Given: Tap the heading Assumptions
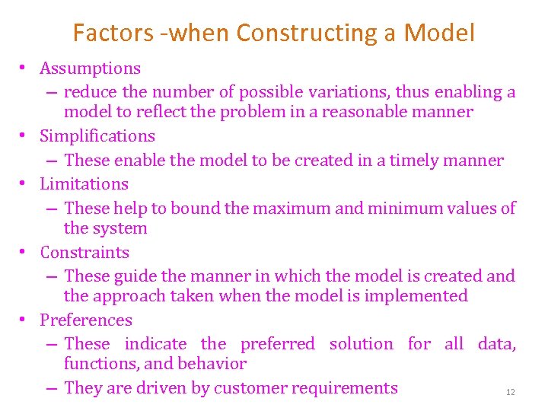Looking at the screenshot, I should pyautogui.click(x=90, y=68).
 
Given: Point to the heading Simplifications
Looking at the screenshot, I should pyautogui.click(x=97, y=136).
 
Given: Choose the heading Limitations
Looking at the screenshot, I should pyautogui.click(x=84, y=184).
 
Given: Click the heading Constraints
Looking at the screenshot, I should pyautogui.click(x=84, y=253).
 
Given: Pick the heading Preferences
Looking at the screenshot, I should pyautogui.click(x=86, y=320).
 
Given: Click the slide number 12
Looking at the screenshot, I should pyautogui.click(x=511, y=393).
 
